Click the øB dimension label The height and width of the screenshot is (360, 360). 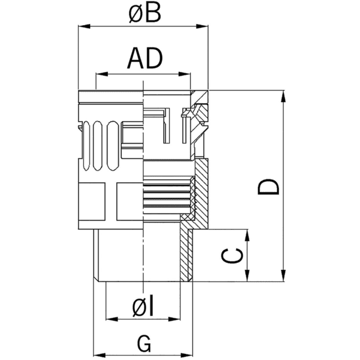coord(144,13)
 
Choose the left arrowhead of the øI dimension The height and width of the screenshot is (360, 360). coord(109,318)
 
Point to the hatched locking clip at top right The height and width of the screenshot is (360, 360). coord(196,117)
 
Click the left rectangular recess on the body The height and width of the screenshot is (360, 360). coord(93,201)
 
